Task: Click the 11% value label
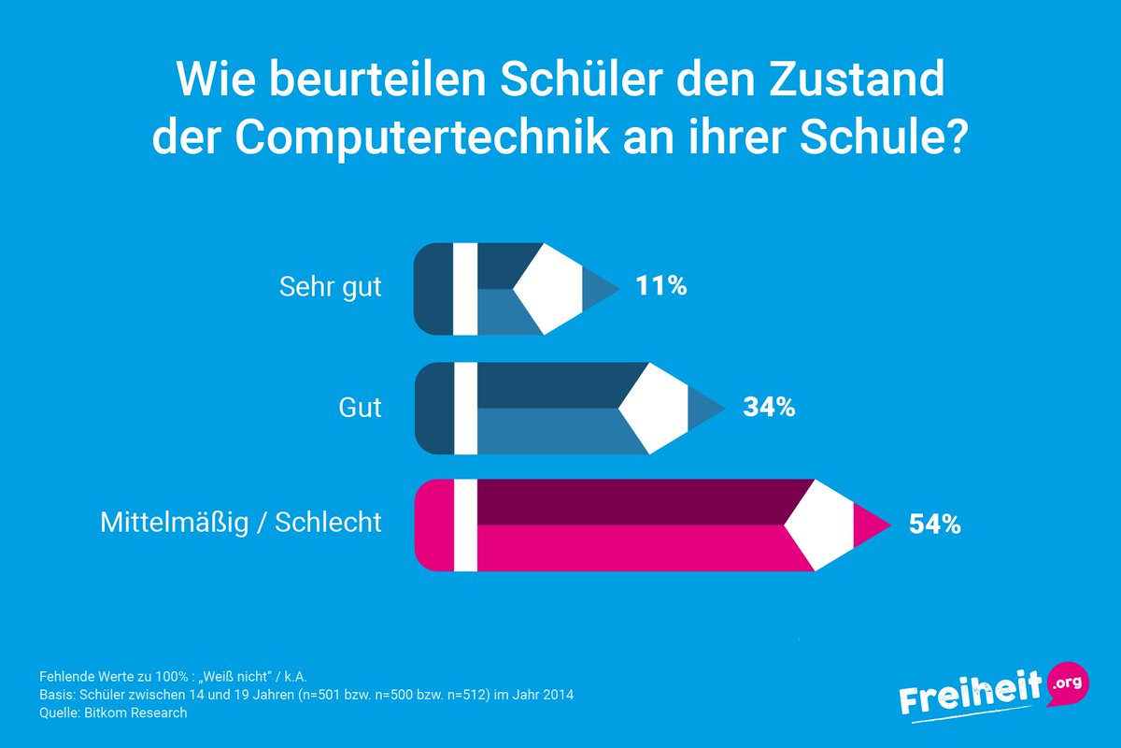tap(661, 286)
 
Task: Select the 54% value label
tap(934, 525)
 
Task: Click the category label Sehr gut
tap(331, 286)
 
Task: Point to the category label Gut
tap(360, 408)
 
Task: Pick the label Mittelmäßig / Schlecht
tap(241, 522)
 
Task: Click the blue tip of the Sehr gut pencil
tap(603, 288)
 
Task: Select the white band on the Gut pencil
tap(465, 409)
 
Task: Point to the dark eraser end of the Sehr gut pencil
tap(433, 288)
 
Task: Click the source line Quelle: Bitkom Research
tap(113, 712)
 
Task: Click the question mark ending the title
tap(955, 138)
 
